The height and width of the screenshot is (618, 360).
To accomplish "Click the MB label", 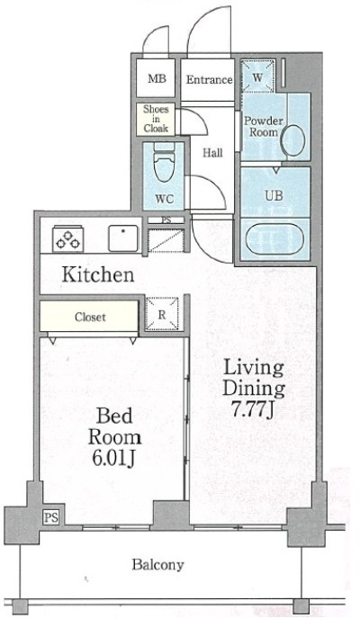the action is coord(157,78).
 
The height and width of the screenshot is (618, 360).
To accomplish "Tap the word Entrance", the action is coord(209,80).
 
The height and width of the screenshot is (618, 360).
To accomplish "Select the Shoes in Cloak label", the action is coord(156,118).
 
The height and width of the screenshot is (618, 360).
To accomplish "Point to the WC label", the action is coord(164,199).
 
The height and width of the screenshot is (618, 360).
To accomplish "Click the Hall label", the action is coord(212,153).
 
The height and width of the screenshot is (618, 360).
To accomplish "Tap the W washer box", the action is coord(257,76).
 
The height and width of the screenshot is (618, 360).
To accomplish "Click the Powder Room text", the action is coord(264,126).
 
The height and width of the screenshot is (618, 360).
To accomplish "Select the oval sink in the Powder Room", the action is coord(294,140).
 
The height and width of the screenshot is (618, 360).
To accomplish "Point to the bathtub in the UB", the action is coord(274,239).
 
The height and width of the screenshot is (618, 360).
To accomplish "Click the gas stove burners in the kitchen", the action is coord(67,239).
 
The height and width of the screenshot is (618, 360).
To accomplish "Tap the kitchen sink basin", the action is coord(123,238).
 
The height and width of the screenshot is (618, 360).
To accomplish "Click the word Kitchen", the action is coord(98,274).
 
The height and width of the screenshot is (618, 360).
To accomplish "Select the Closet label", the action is coord(90,317).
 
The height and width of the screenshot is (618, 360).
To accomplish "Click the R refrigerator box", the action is coord(162,314).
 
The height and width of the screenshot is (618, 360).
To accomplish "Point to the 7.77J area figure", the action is coord(252,410).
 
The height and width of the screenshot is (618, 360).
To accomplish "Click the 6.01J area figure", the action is coord(114,459).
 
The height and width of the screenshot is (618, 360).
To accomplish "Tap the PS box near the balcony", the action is coord(51,516).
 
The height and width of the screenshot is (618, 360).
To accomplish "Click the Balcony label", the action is coord(157,565).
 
